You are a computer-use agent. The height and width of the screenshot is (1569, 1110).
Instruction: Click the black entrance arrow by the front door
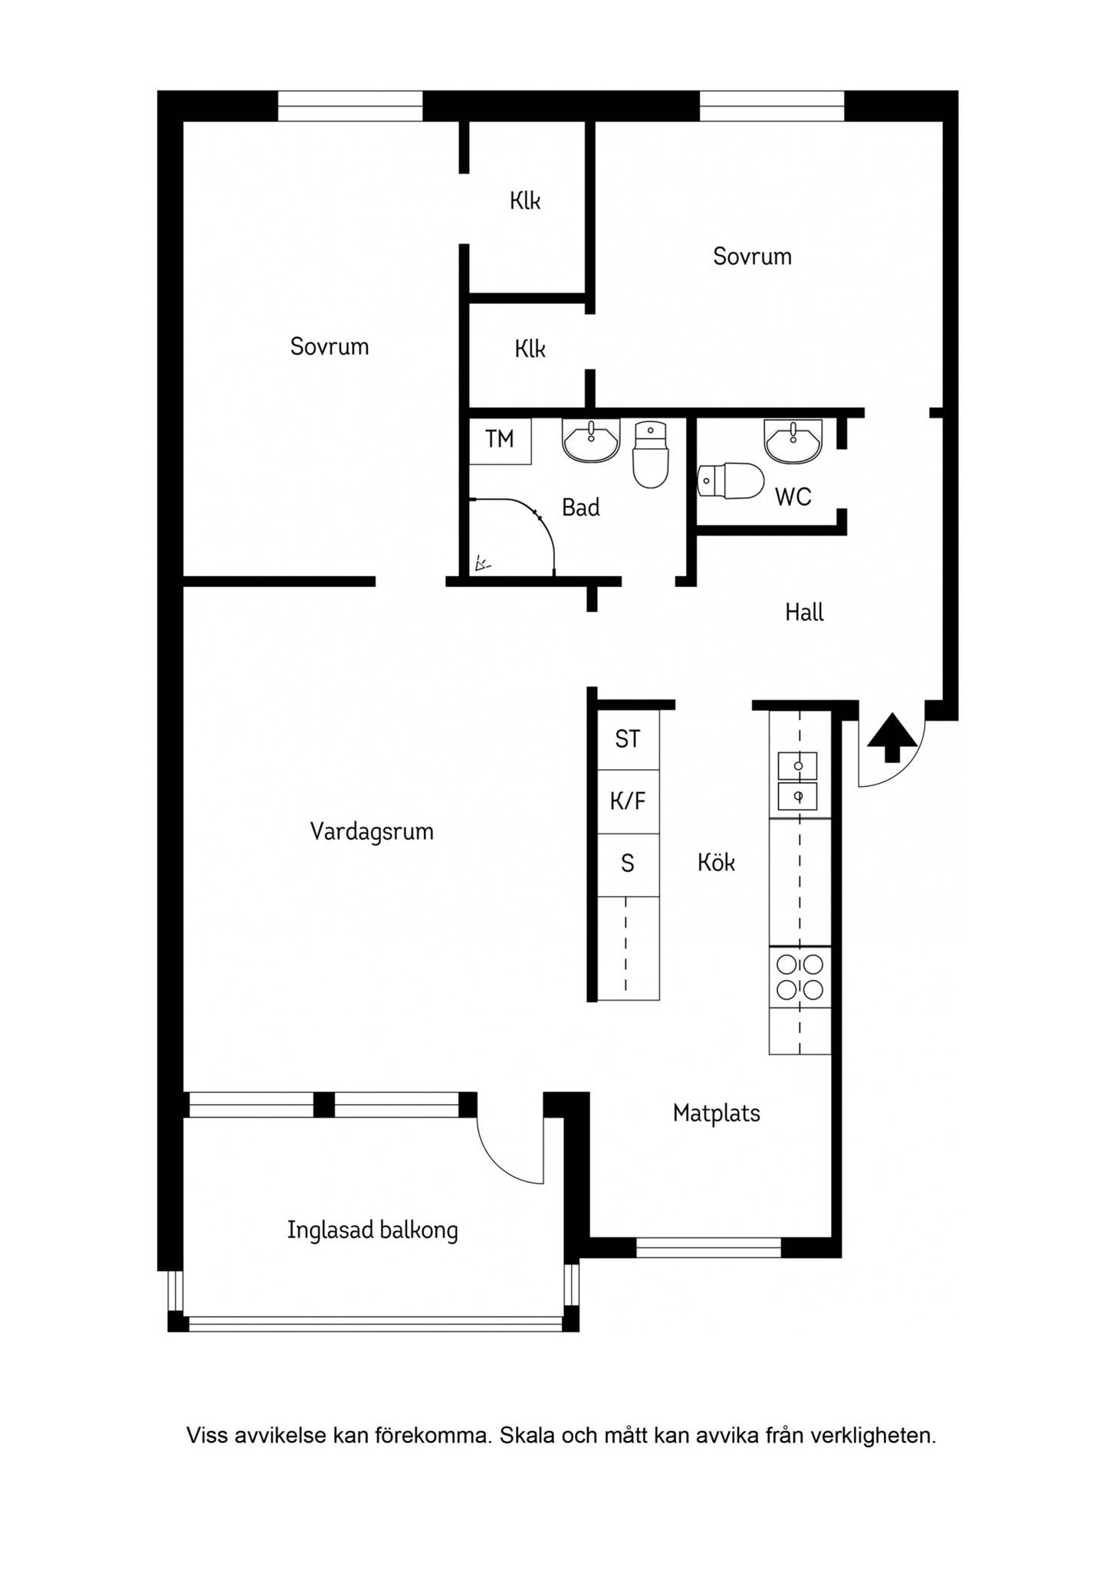pyautogui.click(x=892, y=738)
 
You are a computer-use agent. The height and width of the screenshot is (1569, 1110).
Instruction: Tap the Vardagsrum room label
pyautogui.click(x=372, y=832)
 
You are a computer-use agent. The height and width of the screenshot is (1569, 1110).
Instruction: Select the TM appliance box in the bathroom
pyautogui.click(x=501, y=441)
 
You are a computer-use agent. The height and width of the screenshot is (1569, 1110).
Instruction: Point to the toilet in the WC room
pyautogui.click(x=731, y=481)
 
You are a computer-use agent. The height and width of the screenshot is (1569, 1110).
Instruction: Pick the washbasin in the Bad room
pyautogui.click(x=591, y=441)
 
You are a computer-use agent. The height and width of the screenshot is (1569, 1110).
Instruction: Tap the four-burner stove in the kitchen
pyautogui.click(x=800, y=978)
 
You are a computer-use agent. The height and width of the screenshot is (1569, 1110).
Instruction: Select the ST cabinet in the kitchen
pyautogui.click(x=628, y=739)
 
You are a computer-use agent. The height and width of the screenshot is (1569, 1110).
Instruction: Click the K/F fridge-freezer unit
pyautogui.click(x=628, y=802)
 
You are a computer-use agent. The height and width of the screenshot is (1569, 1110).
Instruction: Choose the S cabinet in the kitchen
pyautogui.click(x=628, y=865)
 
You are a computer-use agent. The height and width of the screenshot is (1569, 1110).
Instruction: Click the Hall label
pyautogui.click(x=804, y=612)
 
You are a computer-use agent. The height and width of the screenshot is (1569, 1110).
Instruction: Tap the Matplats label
pyautogui.click(x=717, y=1113)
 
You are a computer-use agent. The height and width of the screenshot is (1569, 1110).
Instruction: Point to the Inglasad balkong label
pyautogui.click(x=373, y=1230)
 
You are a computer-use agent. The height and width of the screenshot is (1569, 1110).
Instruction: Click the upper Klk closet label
pyautogui.click(x=525, y=201)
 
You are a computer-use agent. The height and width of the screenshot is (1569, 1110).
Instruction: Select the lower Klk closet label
pyautogui.click(x=530, y=349)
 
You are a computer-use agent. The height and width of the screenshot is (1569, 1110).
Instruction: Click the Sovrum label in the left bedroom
pyautogui.click(x=330, y=347)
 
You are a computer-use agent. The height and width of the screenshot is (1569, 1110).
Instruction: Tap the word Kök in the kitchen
pyautogui.click(x=716, y=863)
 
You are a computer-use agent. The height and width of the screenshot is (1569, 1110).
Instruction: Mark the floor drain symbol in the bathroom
pyautogui.click(x=482, y=565)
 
